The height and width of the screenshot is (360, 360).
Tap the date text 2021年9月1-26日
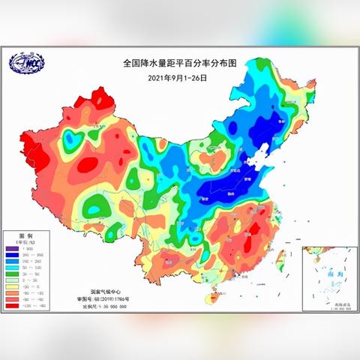coord(176,77)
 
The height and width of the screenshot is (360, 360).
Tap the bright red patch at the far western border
coord(28,145)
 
